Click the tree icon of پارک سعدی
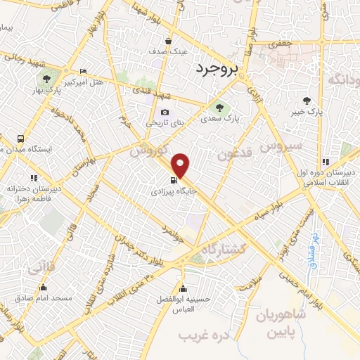point(216,108)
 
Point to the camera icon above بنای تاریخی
point(165,112)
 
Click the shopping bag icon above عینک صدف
point(168,40)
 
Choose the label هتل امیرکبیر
point(84,82)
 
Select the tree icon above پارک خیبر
point(306,100)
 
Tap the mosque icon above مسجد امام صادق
point(44,287)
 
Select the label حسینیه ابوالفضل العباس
point(184,304)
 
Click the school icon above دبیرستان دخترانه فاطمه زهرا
point(34,178)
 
